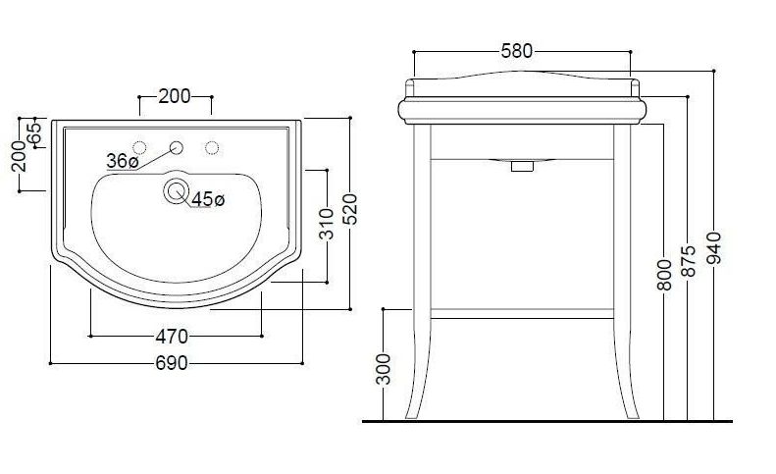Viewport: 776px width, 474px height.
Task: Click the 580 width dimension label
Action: (x=517, y=51)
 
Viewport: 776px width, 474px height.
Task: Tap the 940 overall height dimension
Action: (x=714, y=247)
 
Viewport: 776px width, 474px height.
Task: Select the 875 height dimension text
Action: (x=689, y=260)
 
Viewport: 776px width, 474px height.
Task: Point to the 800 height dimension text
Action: (x=664, y=275)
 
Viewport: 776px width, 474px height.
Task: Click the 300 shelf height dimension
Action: (x=384, y=369)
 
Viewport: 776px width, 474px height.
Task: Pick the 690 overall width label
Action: (x=172, y=363)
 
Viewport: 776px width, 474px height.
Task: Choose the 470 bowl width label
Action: (x=172, y=337)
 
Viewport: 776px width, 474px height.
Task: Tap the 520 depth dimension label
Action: (x=350, y=209)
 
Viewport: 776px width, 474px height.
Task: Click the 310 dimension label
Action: (x=327, y=224)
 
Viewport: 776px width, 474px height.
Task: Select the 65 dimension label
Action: (x=34, y=133)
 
